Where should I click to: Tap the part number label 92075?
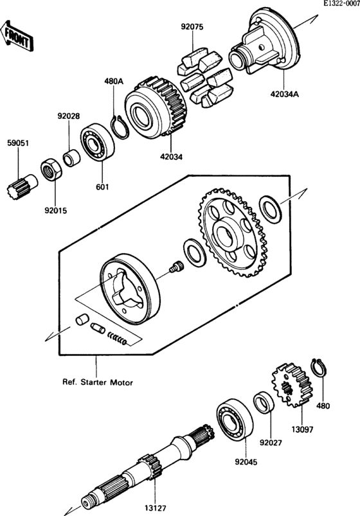click(192, 28)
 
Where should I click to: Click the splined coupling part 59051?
click(20, 186)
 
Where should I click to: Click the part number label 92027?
click(271, 443)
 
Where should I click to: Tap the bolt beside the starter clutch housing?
click(173, 269)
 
